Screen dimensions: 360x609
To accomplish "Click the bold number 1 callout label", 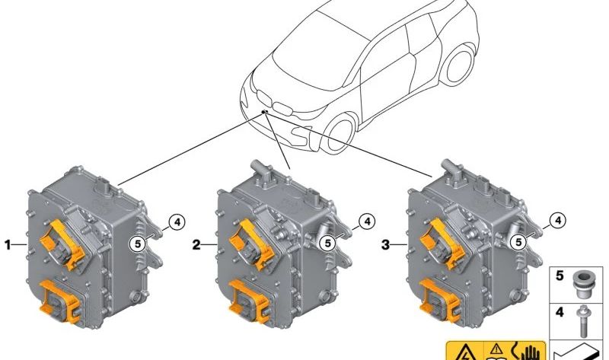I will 9,245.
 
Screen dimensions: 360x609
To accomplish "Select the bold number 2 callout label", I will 196,245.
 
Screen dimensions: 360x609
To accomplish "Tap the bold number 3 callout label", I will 385,245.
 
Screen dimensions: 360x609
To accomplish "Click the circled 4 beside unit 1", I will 176,222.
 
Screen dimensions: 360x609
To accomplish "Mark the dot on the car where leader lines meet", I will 264,111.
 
